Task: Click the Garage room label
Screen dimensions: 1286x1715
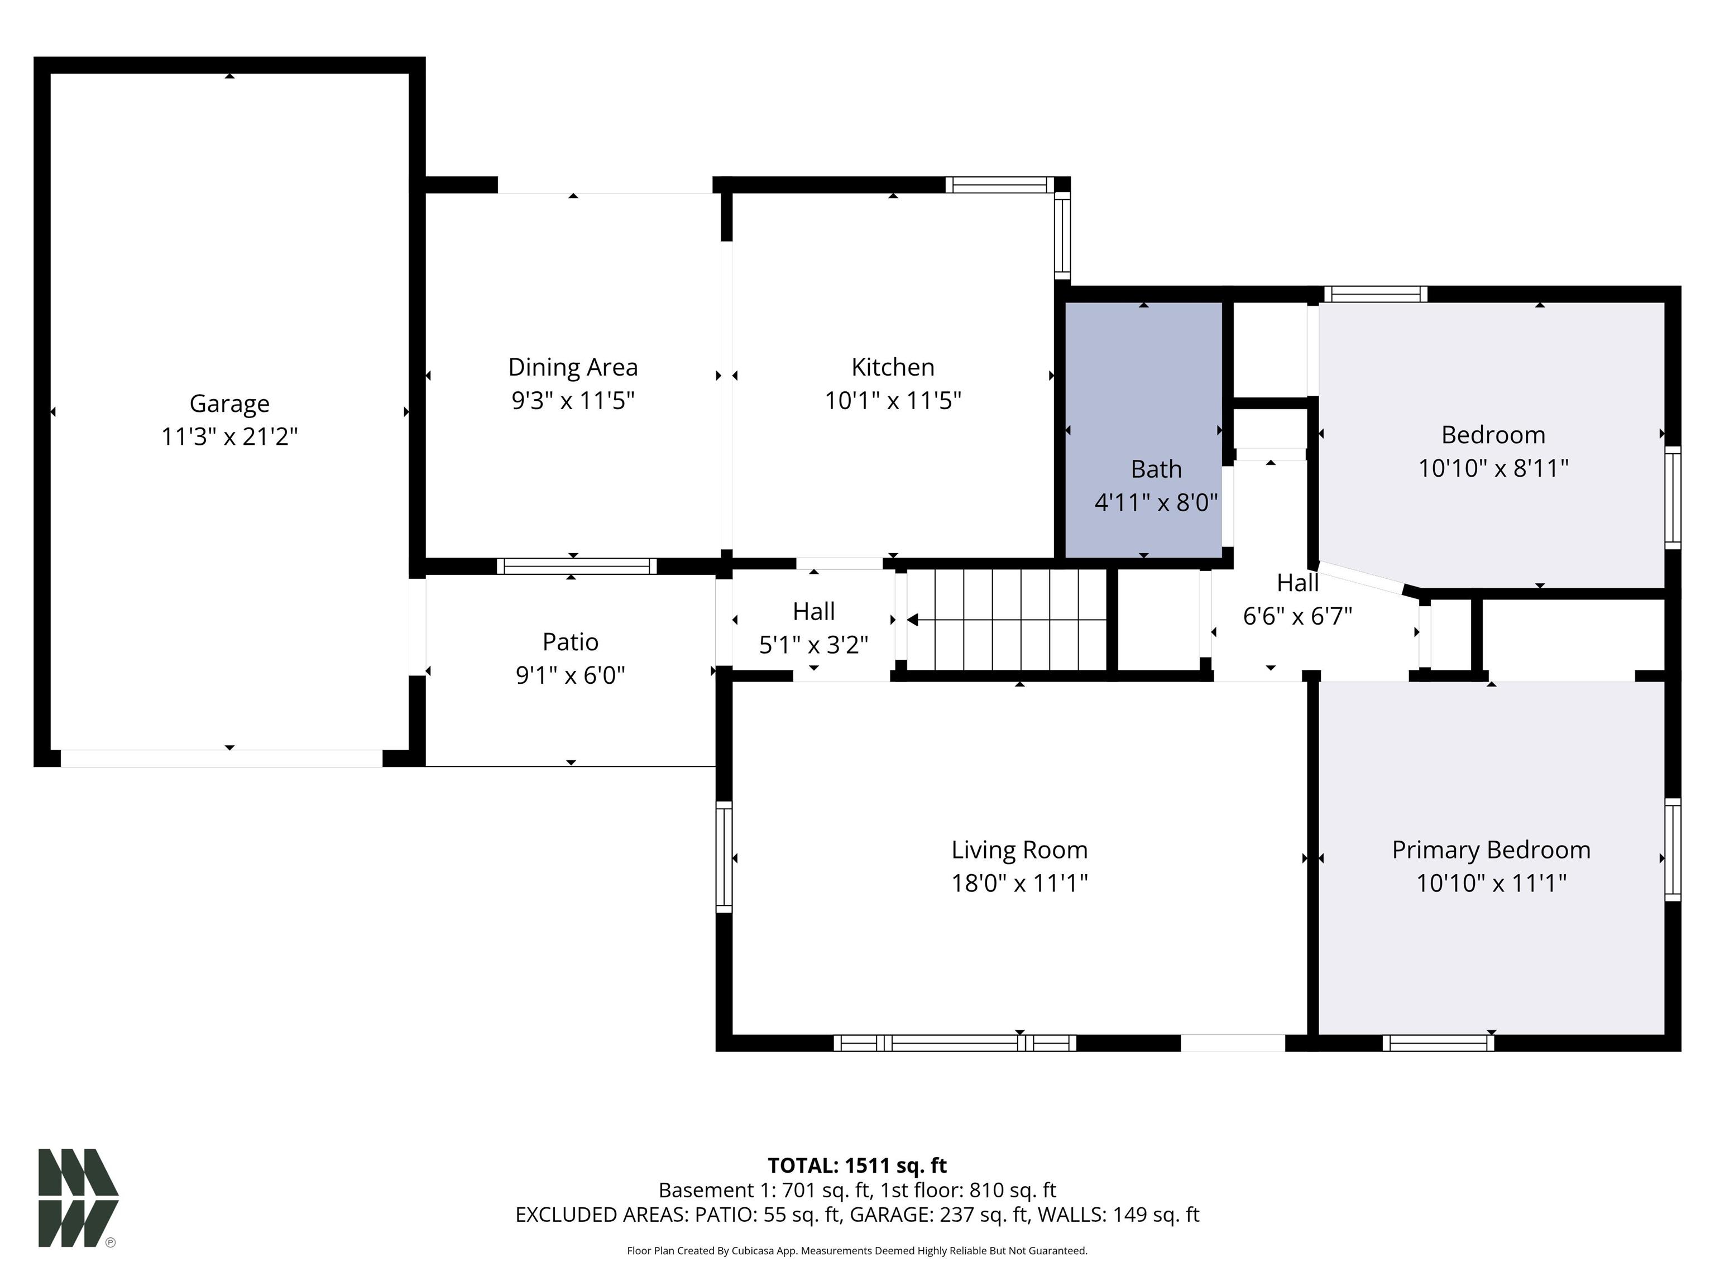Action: pos(229,403)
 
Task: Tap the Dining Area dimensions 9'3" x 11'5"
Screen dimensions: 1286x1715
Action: pos(573,401)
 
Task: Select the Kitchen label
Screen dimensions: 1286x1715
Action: pos(892,367)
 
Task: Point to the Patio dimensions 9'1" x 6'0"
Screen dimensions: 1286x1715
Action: pos(571,675)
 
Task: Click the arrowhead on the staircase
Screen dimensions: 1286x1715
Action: pos(913,620)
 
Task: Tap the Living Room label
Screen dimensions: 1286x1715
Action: pos(1019,850)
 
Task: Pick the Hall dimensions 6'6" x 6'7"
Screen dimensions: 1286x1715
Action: pos(1297,616)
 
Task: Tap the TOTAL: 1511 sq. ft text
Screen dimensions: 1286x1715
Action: pos(857,1166)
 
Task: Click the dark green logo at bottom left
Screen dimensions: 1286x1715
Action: pos(78,1198)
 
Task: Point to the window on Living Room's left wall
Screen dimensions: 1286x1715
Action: pos(724,857)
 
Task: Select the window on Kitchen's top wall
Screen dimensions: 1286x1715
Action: pos(999,185)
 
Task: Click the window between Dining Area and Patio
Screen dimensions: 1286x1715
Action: pos(576,566)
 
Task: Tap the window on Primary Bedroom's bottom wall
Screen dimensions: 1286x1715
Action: pos(1438,1043)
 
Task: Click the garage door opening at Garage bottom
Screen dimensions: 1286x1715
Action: pos(222,758)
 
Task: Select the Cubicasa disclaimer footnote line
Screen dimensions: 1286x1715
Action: pos(857,1250)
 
